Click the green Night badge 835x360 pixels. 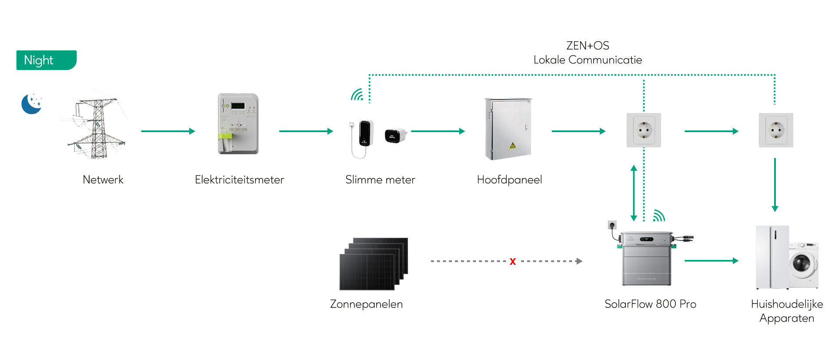point(46,60)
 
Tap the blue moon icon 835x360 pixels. point(31,104)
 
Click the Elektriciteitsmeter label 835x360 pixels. point(239,180)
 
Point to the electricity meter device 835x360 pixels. point(238,124)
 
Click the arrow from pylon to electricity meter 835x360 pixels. point(168,131)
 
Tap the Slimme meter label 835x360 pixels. point(380,180)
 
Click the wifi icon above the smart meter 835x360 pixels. point(357,95)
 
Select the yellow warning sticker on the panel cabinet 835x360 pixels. point(513,145)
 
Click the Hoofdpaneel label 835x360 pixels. point(509,180)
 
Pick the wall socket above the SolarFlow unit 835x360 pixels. point(644,130)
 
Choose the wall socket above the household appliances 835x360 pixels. point(776,130)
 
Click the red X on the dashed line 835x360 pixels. point(513,261)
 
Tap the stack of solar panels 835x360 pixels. point(374,263)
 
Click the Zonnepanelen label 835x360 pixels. point(366,304)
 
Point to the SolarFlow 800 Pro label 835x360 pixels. point(650,304)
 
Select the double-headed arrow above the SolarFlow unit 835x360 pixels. point(634,193)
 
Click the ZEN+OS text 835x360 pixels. point(588,46)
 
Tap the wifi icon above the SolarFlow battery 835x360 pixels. point(659,216)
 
